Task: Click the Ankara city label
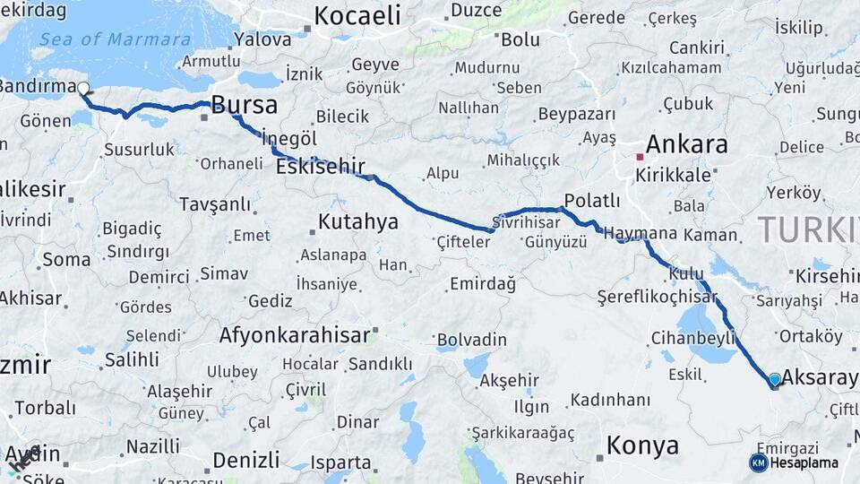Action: [686, 144]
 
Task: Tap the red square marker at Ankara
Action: [640, 157]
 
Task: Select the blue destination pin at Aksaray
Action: [775, 380]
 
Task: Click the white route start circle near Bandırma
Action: [83, 89]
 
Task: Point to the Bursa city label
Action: [244, 106]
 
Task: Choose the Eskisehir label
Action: [320, 167]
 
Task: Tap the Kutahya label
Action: [358, 221]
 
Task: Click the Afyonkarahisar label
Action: [295, 335]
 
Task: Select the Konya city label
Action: [642, 445]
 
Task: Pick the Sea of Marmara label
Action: [114, 39]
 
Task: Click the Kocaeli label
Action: [357, 15]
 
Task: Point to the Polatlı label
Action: [592, 200]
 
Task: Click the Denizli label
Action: [246, 460]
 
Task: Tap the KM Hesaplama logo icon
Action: [759, 462]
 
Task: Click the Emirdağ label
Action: [482, 284]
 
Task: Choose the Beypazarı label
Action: [576, 115]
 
